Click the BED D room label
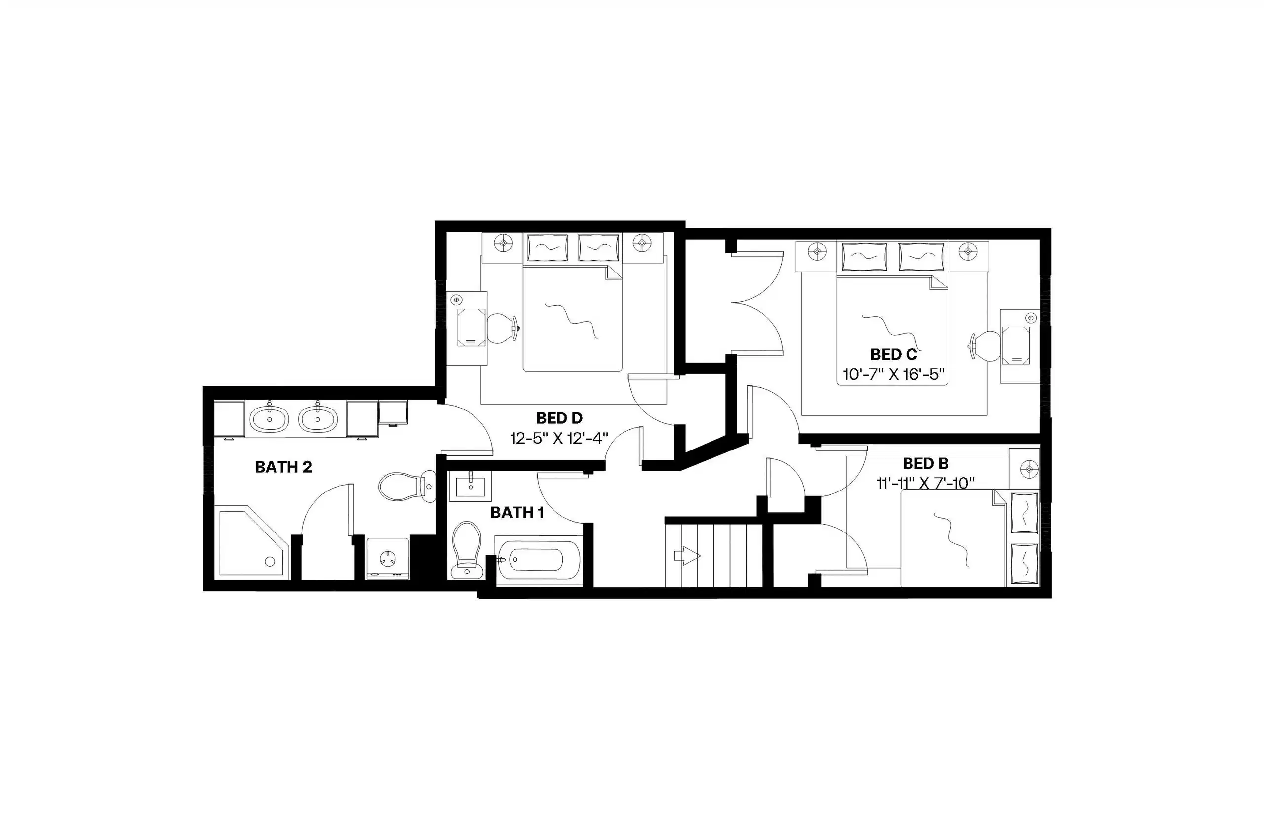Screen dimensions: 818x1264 559,418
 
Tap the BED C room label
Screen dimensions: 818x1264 894,355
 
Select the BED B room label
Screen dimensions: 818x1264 925,464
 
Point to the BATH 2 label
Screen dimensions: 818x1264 283,467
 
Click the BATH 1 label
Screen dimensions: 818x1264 517,513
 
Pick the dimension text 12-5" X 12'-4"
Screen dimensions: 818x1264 559,439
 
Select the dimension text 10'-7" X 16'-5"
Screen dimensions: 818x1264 894,375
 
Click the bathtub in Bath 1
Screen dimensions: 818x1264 536,559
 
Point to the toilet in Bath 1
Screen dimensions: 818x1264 466,549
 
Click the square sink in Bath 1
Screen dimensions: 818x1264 471,486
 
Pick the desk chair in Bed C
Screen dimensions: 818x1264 987,346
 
